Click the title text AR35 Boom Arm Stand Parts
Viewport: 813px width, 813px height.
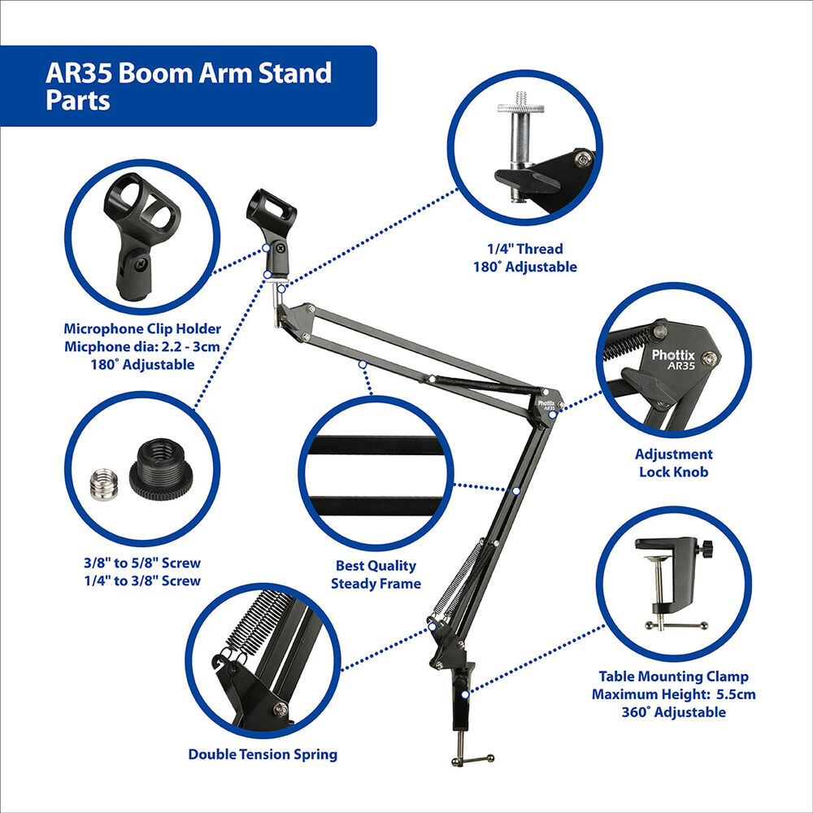pos(189,86)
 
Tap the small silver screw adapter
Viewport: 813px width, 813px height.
pos(104,484)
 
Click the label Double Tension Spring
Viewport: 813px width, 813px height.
pos(263,754)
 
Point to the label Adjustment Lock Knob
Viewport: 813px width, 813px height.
pos(673,463)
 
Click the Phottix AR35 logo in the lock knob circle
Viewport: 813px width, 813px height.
pos(673,359)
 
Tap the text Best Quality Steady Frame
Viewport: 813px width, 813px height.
pos(376,575)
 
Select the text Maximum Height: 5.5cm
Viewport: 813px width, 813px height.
pos(673,694)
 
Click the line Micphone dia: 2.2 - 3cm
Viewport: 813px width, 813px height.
pos(142,347)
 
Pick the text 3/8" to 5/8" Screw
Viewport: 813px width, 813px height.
pos(142,563)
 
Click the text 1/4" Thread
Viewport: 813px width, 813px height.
pos(524,249)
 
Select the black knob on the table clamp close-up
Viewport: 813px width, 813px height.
pos(706,547)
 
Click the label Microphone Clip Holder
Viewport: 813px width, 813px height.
pos(142,328)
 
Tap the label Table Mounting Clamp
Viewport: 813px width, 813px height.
pos(673,676)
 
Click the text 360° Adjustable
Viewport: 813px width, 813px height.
pos(673,712)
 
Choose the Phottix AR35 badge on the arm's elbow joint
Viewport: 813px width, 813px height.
pos(546,406)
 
